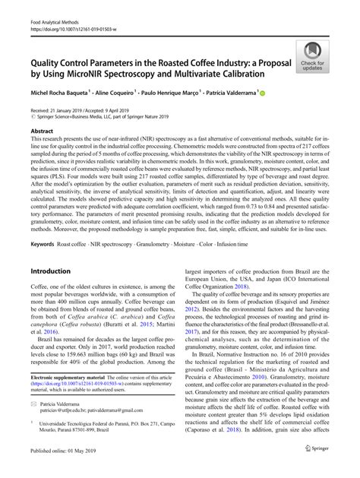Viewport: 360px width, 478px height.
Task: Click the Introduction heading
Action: tap(50, 271)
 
